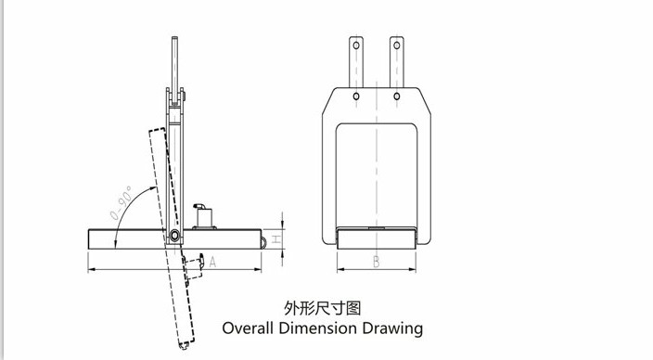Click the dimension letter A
(x=212, y=262)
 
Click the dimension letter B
(x=376, y=262)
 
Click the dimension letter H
(x=289, y=236)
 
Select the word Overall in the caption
(x=253, y=328)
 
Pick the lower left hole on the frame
(x=357, y=96)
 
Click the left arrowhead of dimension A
(x=90, y=269)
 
